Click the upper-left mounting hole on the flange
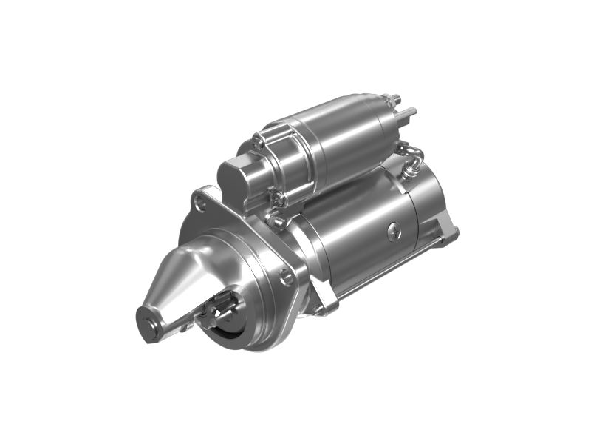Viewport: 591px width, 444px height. [199, 198]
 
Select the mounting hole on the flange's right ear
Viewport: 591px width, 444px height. [287, 277]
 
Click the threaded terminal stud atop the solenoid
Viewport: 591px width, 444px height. [395, 99]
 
